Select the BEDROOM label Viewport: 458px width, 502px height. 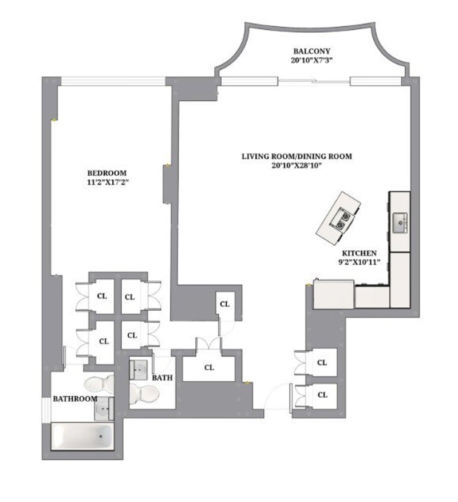pos(106,173)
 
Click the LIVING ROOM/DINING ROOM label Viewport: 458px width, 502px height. pos(296,156)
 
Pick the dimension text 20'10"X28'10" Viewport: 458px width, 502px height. pos(296,166)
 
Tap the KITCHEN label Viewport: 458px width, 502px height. pos(359,253)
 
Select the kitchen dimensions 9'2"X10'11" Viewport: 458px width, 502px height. pos(359,263)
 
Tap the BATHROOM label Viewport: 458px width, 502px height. pos(75,398)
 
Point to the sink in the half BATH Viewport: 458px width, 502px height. pos(139,369)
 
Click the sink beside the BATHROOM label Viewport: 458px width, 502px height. pos(104,408)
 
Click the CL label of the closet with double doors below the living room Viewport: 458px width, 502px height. pos(209,367)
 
